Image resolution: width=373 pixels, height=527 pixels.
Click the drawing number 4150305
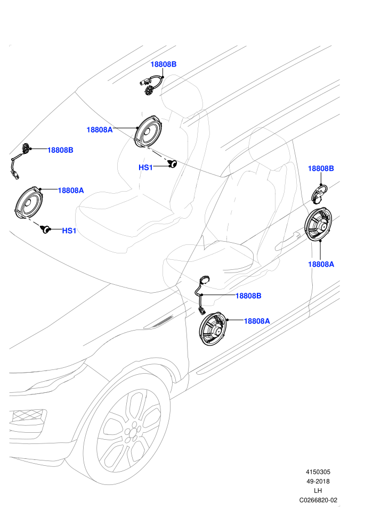coord(318,472)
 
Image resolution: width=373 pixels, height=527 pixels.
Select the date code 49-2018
coord(318,481)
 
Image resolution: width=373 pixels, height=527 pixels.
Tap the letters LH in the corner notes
coord(318,491)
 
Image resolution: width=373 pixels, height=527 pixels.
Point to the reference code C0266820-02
coord(318,500)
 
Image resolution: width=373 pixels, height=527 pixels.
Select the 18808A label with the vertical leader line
coord(321,264)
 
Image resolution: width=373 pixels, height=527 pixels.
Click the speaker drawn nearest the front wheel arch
coord(213,328)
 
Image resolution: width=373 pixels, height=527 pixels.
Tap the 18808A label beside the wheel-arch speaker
coord(257,321)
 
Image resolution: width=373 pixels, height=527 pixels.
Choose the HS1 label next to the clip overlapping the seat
coord(145,167)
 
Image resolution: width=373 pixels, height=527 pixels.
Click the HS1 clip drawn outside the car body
coord(45,229)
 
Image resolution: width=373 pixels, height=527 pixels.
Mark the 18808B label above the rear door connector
coord(321,168)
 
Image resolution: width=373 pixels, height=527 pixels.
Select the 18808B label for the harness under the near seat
coord(248,296)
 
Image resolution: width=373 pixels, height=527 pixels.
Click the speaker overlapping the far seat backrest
coord(149,131)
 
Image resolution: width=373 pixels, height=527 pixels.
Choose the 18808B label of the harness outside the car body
coord(60,150)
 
